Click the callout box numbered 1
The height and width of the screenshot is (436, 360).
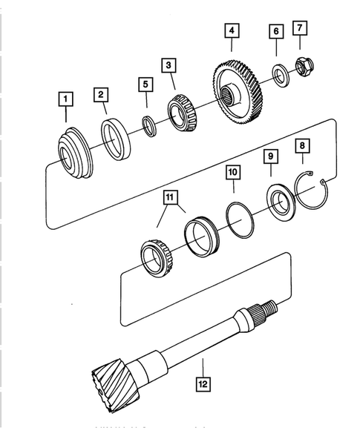[x=66, y=99]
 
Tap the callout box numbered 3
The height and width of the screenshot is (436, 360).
[x=170, y=66]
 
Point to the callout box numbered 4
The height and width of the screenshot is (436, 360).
[x=232, y=31]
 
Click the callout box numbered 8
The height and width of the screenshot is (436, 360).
[x=301, y=145]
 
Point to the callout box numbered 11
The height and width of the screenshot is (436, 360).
[x=171, y=197]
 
